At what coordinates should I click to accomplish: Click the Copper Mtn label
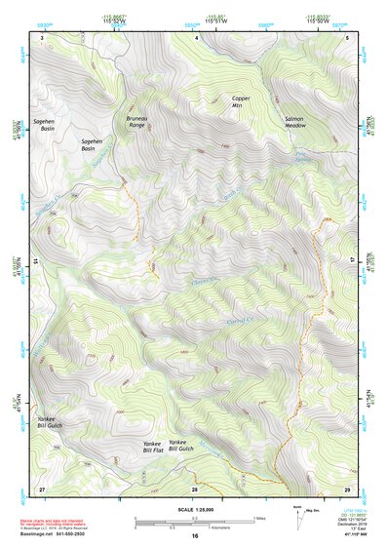[x=242, y=101]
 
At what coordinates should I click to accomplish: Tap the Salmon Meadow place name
[x=295, y=123]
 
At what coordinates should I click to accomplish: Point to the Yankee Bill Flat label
[x=152, y=448]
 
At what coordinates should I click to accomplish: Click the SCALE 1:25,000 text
[x=193, y=508]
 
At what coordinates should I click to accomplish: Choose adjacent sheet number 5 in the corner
[x=347, y=37]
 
